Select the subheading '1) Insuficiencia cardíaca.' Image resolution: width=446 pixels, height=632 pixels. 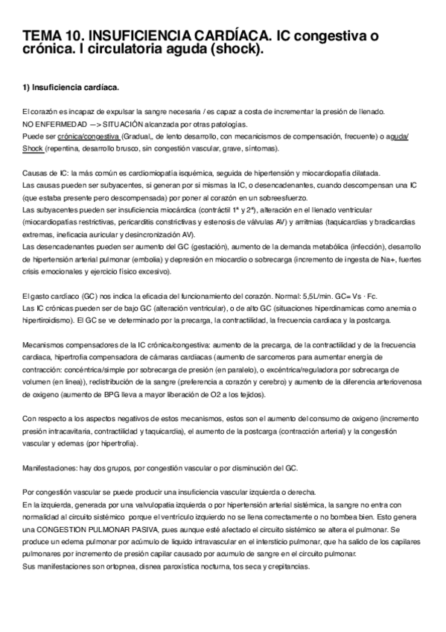71,88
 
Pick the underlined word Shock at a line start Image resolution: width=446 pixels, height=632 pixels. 33,149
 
